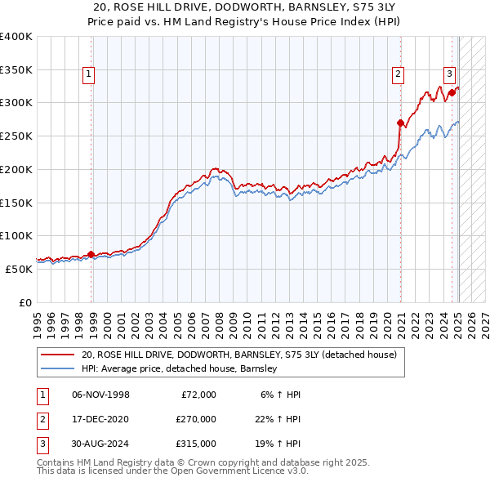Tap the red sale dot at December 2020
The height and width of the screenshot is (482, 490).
point(400,123)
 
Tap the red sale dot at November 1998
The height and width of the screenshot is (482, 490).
point(91,254)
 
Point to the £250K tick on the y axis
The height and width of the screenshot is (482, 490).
point(16,136)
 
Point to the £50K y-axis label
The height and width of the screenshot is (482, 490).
point(18,269)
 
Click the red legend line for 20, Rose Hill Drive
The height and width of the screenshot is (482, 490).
point(57,355)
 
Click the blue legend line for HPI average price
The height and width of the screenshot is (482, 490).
point(57,368)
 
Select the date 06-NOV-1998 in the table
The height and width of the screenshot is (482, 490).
point(101,395)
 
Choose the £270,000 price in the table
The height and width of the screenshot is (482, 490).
point(195,419)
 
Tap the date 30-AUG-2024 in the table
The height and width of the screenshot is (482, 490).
point(101,444)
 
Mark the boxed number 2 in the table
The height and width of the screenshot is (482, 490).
point(39,419)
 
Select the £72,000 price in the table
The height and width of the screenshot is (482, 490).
point(198,395)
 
